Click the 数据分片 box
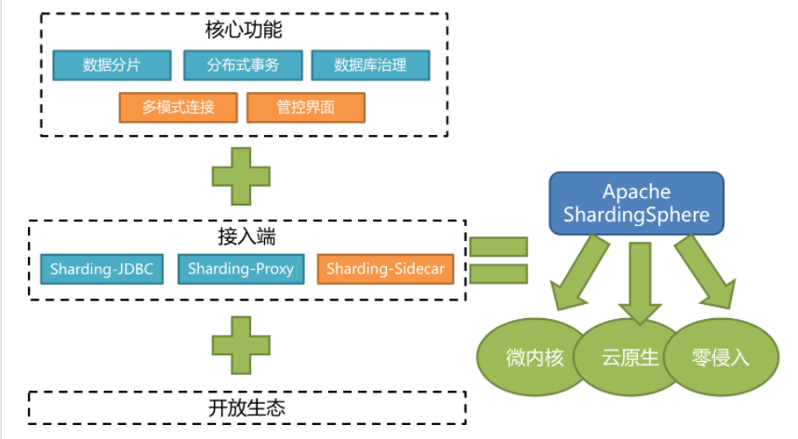pos(113,65)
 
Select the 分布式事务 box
pos(244,65)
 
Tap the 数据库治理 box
pos(370,65)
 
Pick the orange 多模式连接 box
pos(179,107)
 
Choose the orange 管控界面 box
pos(306,107)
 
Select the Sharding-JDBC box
pos(101,269)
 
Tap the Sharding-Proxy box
pos(241,269)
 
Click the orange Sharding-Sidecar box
pos(385,269)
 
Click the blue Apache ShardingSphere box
pos(636,204)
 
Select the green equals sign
pos(499,260)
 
